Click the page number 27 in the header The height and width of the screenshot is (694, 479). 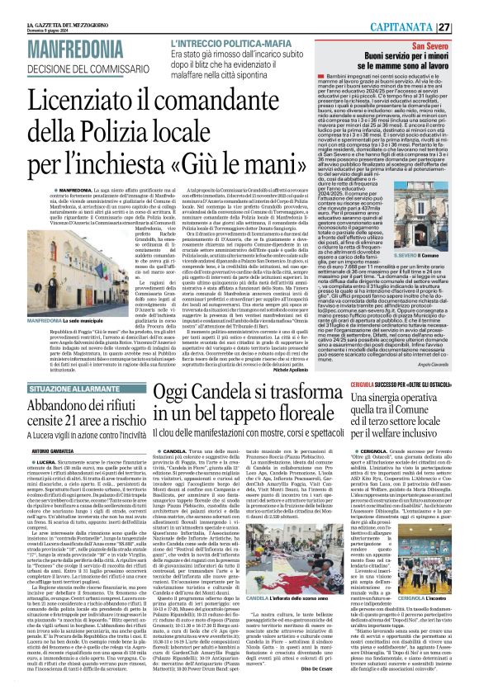pyautogui.click(x=467, y=26)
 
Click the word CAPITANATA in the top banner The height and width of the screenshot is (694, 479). pyautogui.click(x=420, y=26)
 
